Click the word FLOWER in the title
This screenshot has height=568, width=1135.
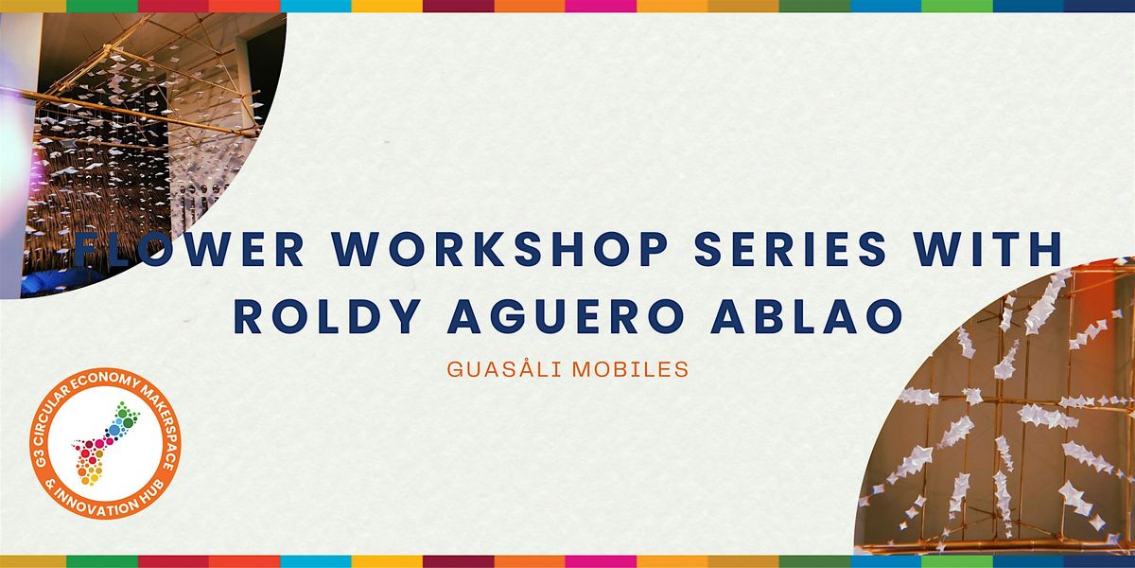point(188,250)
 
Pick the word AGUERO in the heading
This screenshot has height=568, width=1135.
point(566,316)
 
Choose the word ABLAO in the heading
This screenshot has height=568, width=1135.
point(807,316)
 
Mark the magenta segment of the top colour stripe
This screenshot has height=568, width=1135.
point(601,6)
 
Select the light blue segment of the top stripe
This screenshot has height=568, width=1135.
point(316,6)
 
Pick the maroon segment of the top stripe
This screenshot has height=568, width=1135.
point(459,6)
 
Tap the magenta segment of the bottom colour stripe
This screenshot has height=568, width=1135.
point(601,561)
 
